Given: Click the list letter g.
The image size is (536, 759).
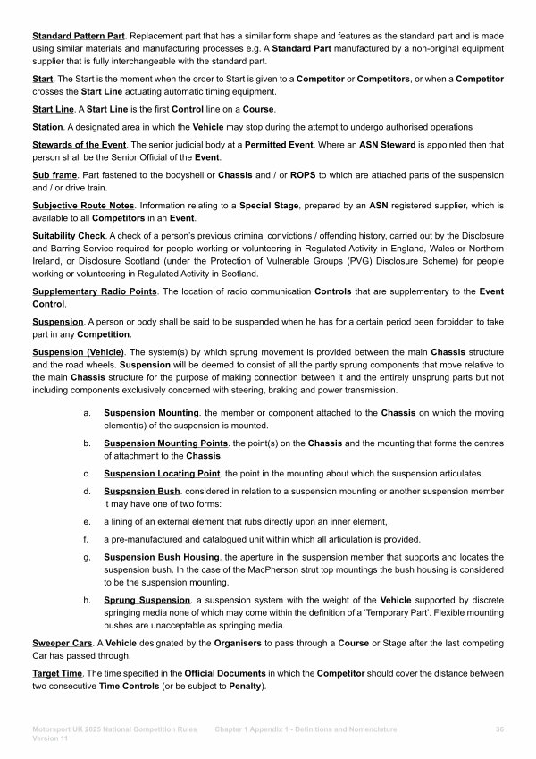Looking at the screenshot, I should (x=86, y=558).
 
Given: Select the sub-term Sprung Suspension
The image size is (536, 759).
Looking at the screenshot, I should (x=147, y=600).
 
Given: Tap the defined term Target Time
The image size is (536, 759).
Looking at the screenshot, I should (x=60, y=672).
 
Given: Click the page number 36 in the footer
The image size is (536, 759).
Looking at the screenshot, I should (x=498, y=730).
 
